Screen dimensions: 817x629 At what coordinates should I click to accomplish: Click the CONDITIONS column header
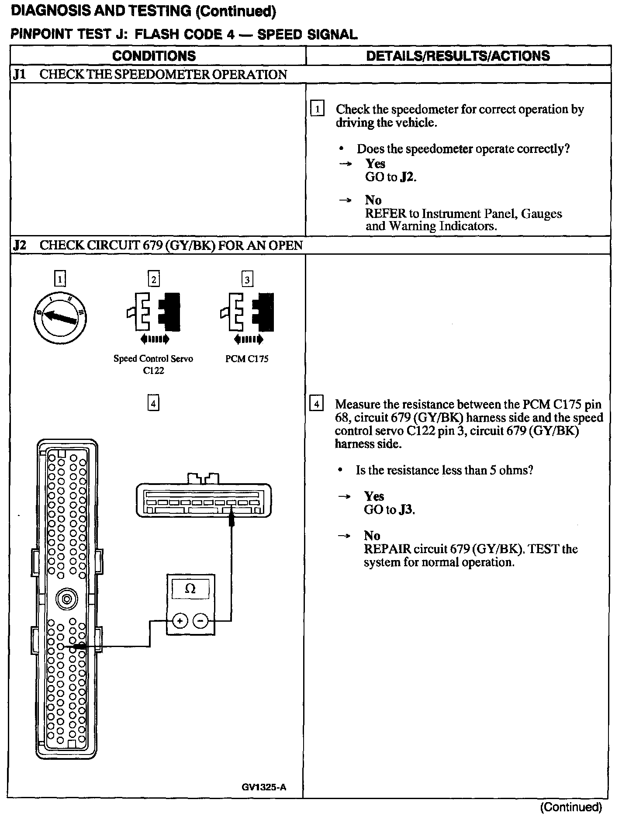[154, 56]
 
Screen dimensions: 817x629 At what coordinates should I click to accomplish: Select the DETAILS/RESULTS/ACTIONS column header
[458, 56]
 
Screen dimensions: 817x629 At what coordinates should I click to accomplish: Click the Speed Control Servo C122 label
[153, 364]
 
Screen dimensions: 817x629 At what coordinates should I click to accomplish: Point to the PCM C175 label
[247, 359]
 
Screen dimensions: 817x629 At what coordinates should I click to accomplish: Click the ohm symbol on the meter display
[190, 589]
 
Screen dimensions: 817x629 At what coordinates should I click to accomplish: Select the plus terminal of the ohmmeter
[180, 620]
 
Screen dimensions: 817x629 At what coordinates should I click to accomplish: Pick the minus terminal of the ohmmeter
[200, 620]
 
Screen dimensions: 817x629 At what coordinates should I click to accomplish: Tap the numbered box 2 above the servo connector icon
[153, 279]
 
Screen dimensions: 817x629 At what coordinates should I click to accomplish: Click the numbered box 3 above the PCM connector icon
[247, 279]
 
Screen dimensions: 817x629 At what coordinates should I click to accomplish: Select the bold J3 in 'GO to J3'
[406, 510]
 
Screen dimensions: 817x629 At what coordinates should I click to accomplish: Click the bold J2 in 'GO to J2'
[407, 177]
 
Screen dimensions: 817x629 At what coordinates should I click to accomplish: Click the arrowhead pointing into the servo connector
[232, 519]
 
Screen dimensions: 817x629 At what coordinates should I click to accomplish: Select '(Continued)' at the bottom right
[571, 807]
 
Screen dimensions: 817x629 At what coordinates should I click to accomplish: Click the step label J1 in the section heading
[19, 75]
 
